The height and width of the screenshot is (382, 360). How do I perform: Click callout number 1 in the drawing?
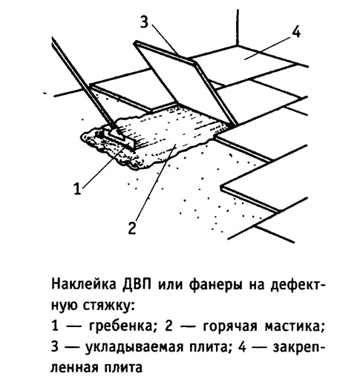pyautogui.click(x=77, y=188)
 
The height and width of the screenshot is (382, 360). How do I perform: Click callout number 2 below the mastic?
pyautogui.click(x=132, y=228)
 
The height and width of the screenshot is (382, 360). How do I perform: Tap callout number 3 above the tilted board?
pyautogui.click(x=144, y=22)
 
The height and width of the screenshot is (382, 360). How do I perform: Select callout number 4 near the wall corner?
pyautogui.click(x=296, y=33)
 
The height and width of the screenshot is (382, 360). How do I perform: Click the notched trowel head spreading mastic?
pyautogui.click(x=119, y=137)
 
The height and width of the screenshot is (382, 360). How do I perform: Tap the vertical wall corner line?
pyautogui.click(x=238, y=27)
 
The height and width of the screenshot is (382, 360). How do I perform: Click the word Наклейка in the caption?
pyautogui.click(x=84, y=285)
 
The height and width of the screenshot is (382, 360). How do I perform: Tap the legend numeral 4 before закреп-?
pyautogui.click(x=242, y=347)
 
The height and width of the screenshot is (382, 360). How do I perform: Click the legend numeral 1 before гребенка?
pyautogui.click(x=55, y=326)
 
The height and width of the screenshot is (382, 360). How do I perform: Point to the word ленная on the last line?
pyautogui.click(x=74, y=368)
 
